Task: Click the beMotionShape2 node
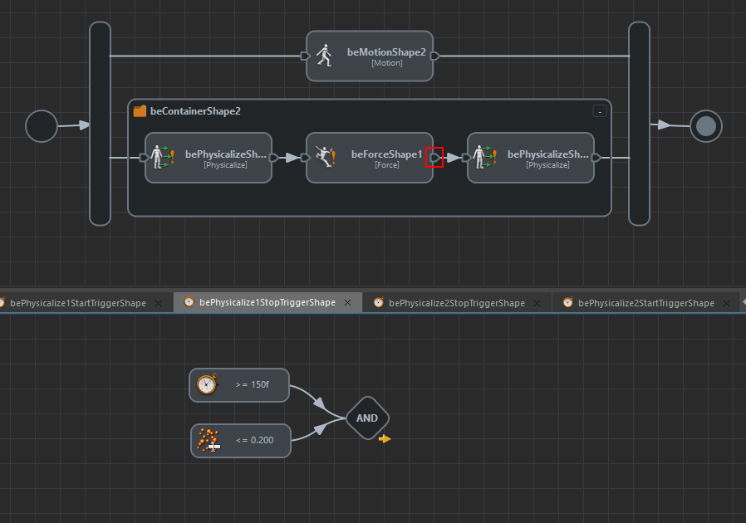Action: tap(370, 56)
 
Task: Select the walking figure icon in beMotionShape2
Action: tap(324, 56)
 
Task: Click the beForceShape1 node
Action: tap(370, 158)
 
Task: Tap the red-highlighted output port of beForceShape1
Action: tap(434, 157)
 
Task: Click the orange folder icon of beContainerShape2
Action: tap(140, 110)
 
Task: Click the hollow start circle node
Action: tap(42, 126)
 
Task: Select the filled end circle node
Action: tap(706, 126)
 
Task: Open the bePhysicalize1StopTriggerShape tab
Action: tap(267, 303)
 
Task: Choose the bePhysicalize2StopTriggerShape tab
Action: tap(456, 303)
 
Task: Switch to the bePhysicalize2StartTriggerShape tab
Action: tap(645, 303)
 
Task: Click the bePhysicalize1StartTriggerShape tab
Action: tap(77, 303)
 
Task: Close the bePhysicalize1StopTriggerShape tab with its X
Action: tap(348, 303)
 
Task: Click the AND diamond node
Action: tap(366, 418)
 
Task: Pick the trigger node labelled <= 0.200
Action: tap(241, 441)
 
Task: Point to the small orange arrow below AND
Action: tap(385, 438)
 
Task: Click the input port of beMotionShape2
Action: tap(305, 56)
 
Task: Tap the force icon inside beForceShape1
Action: tap(325, 156)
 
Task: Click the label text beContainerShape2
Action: tap(195, 110)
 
